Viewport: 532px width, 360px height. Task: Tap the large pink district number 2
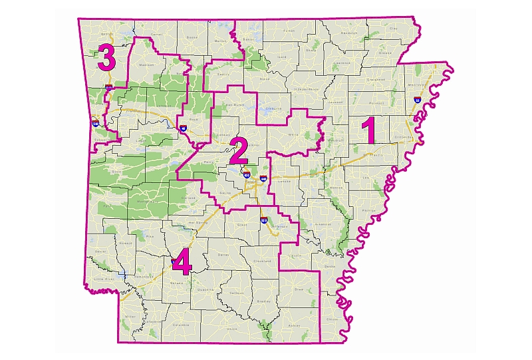click(x=237, y=151)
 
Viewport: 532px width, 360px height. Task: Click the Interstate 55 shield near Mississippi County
click(x=417, y=100)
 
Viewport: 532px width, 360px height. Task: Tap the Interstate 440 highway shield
click(x=263, y=178)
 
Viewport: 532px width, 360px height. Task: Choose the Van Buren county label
click(x=237, y=104)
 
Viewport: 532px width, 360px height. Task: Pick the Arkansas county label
click(x=323, y=224)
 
